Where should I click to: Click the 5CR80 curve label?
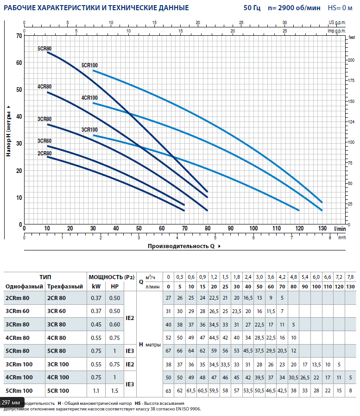click(x=44, y=49)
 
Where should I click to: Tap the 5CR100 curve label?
click(x=89, y=65)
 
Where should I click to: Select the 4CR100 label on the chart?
click(x=89, y=98)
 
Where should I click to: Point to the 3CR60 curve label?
click(x=44, y=141)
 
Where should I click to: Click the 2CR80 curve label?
click(x=44, y=153)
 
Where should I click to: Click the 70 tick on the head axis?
click(x=19, y=36)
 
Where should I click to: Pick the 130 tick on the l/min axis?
click(x=322, y=228)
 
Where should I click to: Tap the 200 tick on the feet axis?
click(x=352, y=60)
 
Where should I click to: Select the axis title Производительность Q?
click(x=181, y=246)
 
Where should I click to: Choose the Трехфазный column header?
click(x=65, y=286)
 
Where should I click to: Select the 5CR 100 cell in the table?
click(x=58, y=390)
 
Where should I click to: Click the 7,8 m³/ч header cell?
click(x=350, y=277)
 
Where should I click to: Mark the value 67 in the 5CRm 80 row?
click(x=169, y=351)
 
